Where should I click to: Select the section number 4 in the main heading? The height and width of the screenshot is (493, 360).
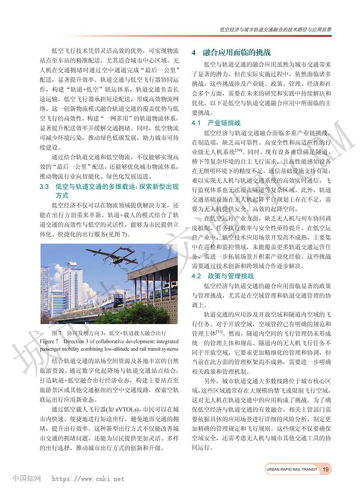click(x=193, y=52)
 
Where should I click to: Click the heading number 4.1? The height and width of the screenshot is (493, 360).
click(x=196, y=122)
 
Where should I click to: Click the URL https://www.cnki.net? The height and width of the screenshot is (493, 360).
click(x=88, y=479)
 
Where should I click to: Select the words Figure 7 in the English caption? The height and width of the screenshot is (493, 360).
click(x=49, y=341)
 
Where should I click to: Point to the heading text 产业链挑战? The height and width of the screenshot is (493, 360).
click(x=224, y=122)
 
